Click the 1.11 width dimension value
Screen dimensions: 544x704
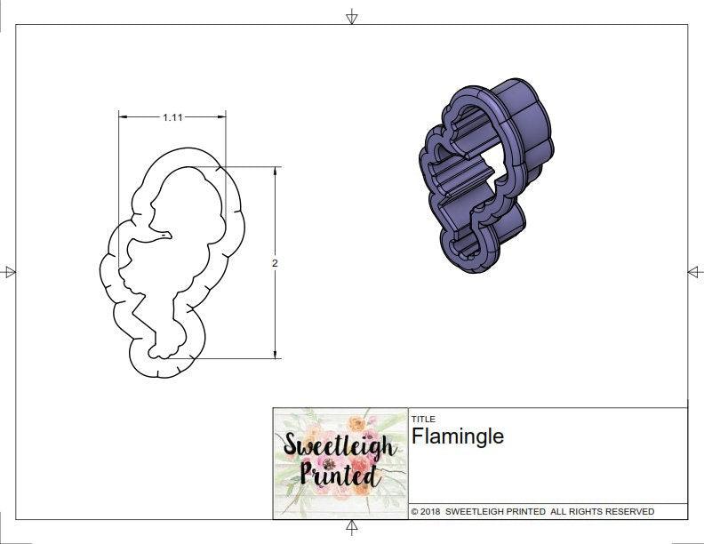(x=173, y=116)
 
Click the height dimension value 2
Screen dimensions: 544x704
(x=275, y=263)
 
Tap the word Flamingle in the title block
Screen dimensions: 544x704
(x=457, y=436)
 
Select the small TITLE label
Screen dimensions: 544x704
(x=423, y=419)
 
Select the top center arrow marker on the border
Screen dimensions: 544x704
(x=352, y=15)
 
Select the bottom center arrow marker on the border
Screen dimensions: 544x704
(x=352, y=528)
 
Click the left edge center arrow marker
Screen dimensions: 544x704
(x=10, y=272)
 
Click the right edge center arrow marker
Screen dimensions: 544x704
(x=694, y=272)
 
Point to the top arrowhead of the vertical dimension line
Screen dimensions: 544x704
(x=275, y=171)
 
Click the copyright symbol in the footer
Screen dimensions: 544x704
(x=414, y=512)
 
